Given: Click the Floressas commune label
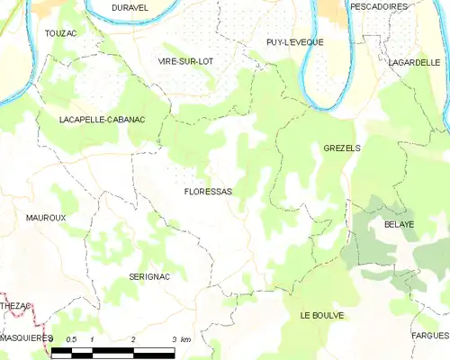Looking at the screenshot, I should tap(208, 192).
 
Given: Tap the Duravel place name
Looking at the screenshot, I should tap(130, 7).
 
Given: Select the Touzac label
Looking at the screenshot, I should tap(61, 32).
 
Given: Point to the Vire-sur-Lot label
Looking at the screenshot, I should tap(186, 60).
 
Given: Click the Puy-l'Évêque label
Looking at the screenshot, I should tap(294, 42).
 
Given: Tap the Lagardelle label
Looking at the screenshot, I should tap(413, 62).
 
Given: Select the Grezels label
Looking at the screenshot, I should tap(341, 147).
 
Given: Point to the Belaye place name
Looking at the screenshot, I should tap(399, 223).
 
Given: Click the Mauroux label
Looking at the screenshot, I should tap(46, 218).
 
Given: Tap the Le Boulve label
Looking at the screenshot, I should tap(322, 316).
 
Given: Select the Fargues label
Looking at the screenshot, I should tap(430, 335).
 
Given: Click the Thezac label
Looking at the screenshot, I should tap(15, 306).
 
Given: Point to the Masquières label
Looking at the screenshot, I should tap(26, 337).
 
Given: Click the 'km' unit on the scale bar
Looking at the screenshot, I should tap(185, 339).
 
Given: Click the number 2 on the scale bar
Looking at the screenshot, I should tap(133, 339).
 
